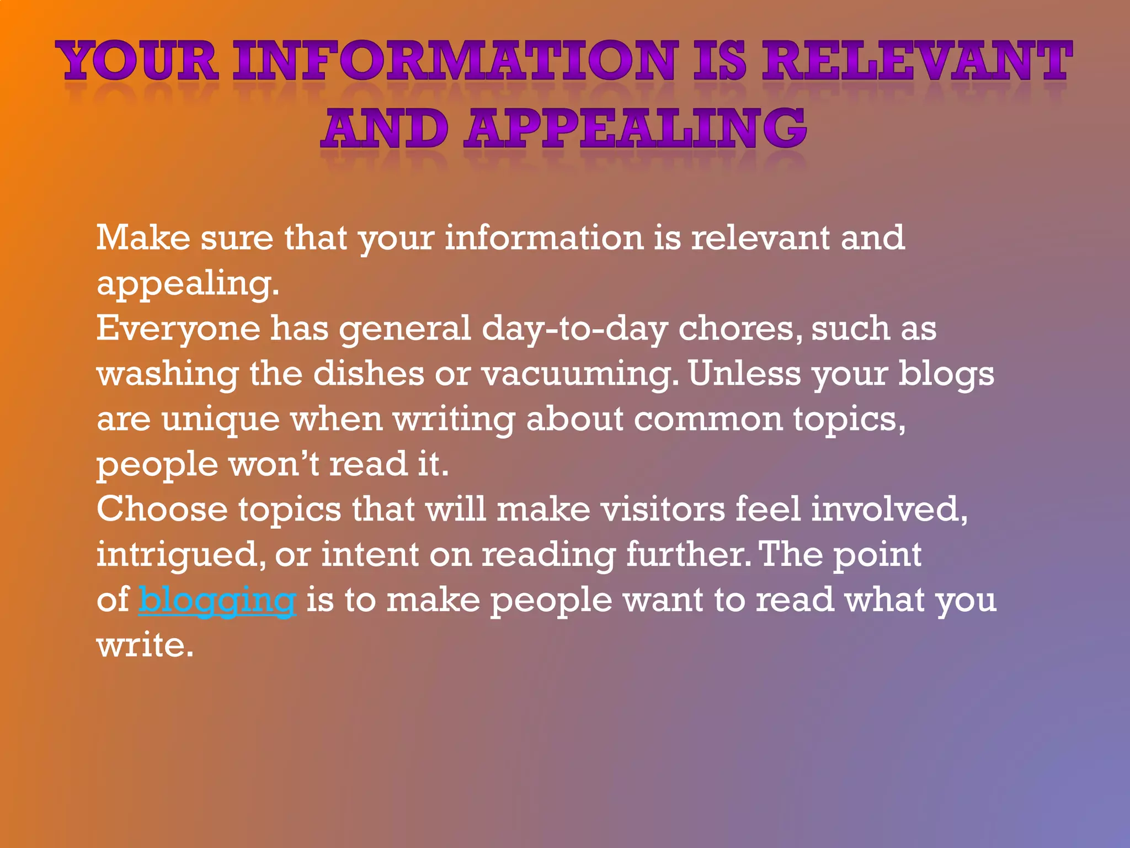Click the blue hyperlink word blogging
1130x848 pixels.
click(x=217, y=600)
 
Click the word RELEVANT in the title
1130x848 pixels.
click(x=916, y=61)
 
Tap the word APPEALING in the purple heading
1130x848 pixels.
click(x=635, y=129)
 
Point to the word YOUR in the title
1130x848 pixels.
click(x=138, y=61)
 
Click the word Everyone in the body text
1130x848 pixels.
click(x=178, y=330)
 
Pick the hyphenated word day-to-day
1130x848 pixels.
click(x=574, y=330)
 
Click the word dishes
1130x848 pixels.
click(x=369, y=374)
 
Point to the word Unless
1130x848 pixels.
click(x=744, y=374)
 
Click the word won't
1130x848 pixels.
click(x=274, y=464)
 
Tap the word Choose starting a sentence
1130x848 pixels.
click(x=162, y=509)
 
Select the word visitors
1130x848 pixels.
click(x=663, y=509)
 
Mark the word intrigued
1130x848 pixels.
click(x=177, y=555)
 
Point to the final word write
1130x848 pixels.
click(x=145, y=645)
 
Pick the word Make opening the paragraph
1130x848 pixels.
click(x=143, y=238)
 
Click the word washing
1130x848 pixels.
click(x=168, y=375)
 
